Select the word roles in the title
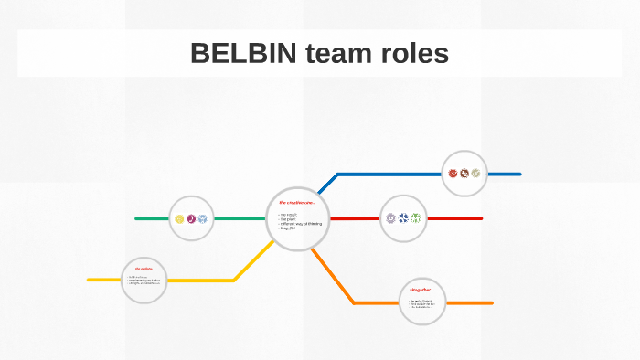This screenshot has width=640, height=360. (x=414, y=54)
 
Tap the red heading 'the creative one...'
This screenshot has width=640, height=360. (x=296, y=202)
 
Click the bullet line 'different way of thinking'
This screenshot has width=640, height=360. (x=303, y=223)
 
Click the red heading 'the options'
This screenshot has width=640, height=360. (x=143, y=268)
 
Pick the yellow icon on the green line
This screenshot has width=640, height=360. (x=179, y=218)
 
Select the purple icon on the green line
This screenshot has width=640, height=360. (x=191, y=218)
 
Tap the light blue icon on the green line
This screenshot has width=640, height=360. (x=203, y=218)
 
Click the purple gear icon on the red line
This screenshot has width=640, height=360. (x=391, y=218)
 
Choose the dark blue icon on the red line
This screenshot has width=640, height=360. (x=403, y=218)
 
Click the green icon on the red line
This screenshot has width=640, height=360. (x=416, y=218)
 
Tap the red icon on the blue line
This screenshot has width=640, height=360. (x=453, y=174)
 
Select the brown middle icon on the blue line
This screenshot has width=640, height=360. (x=464, y=174)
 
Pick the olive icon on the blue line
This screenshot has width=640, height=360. (x=475, y=174)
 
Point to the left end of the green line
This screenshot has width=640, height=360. (x=137, y=218)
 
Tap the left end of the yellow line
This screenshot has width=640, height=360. (x=90, y=280)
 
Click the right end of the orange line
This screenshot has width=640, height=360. (x=491, y=302)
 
